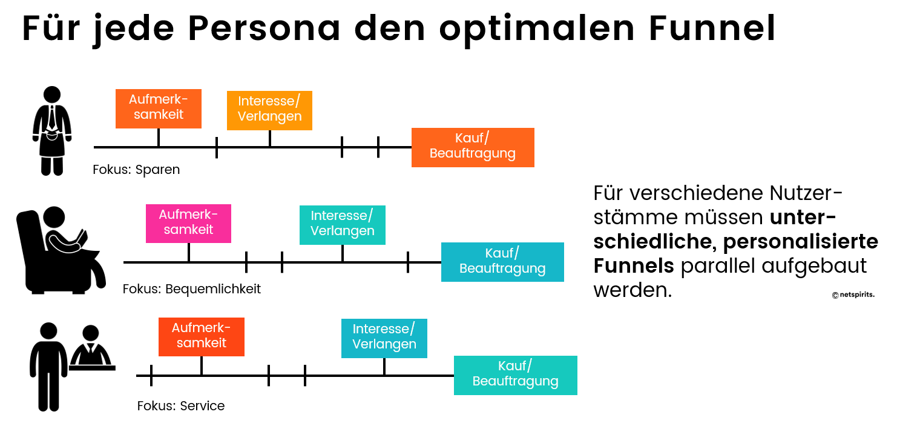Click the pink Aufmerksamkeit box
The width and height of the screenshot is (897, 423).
click(188, 223)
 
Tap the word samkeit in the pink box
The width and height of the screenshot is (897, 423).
click(188, 230)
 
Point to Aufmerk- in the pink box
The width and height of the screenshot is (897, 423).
click(188, 215)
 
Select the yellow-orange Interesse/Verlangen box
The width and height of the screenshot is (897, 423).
click(269, 110)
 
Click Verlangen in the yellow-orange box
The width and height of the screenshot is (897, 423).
click(269, 116)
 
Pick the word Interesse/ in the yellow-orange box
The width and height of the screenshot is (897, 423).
click(269, 101)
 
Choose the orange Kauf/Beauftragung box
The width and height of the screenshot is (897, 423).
click(473, 147)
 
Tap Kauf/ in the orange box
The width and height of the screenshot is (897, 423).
click(472, 139)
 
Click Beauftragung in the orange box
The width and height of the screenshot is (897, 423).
click(473, 154)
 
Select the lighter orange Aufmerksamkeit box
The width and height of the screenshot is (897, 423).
click(159, 108)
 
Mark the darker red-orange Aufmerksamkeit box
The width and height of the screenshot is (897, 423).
click(202, 336)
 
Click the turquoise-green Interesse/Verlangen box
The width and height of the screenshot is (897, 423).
click(343, 225)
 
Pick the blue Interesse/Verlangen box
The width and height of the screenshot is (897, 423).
click(384, 338)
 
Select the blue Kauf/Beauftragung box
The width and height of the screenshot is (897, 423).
click(502, 262)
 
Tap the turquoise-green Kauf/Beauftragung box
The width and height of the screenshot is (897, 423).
click(516, 375)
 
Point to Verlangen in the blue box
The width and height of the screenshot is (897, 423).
click(384, 344)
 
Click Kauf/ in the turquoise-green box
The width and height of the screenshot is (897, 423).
click(515, 366)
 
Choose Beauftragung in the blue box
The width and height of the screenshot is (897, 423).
click(502, 268)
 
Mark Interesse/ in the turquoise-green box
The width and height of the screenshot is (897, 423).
click(342, 216)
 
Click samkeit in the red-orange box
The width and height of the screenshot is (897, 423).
click(202, 343)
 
